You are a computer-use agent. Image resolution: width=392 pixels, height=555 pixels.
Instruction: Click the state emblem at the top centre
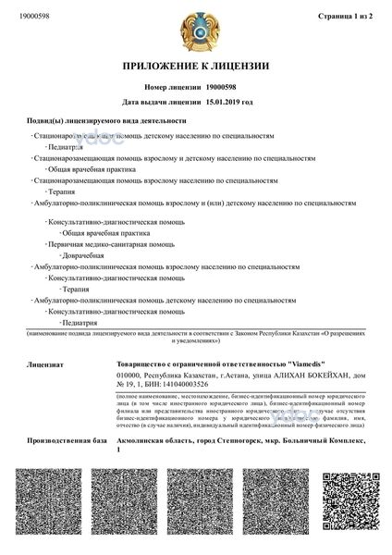click(195, 29)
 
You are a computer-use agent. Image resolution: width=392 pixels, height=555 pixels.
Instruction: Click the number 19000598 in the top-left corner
click(33, 16)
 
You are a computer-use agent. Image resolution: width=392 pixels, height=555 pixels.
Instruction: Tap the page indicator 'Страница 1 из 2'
click(341, 16)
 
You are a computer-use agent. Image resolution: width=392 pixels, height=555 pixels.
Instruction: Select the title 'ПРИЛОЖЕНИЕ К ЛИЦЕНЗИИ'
click(195, 68)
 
